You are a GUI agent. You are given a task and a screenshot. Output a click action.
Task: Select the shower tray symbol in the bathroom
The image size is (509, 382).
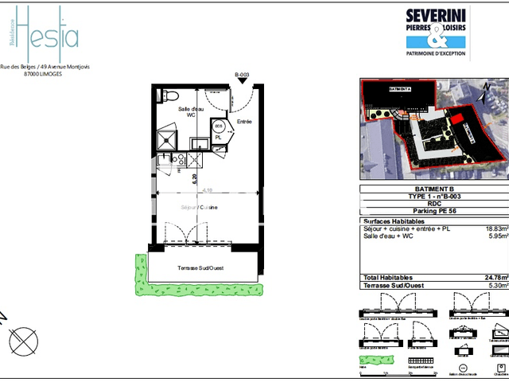[x=165, y=140]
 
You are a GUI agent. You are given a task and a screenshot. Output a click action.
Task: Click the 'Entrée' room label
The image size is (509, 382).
[x=244, y=122]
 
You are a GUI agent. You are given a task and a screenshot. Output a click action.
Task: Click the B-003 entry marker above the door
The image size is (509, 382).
[x=243, y=75]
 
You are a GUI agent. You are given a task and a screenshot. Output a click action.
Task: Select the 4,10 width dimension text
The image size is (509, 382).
[x=208, y=191]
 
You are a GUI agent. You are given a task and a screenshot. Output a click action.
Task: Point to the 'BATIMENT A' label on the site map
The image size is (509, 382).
[x=400, y=90]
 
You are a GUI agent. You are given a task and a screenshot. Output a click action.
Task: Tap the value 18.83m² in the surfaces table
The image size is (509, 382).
[x=495, y=228]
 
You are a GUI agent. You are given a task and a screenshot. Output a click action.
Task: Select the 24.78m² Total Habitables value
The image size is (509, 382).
[x=495, y=277]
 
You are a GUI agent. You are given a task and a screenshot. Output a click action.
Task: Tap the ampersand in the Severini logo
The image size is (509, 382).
[x=436, y=37]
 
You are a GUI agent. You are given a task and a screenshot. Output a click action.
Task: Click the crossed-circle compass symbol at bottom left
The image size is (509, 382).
[x=24, y=340]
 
